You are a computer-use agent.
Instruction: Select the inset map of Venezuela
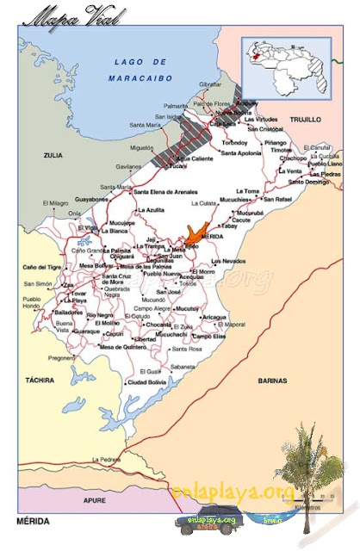point(292,66)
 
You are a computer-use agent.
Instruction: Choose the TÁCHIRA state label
point(40,379)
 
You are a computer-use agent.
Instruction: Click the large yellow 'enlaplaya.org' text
point(233,491)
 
